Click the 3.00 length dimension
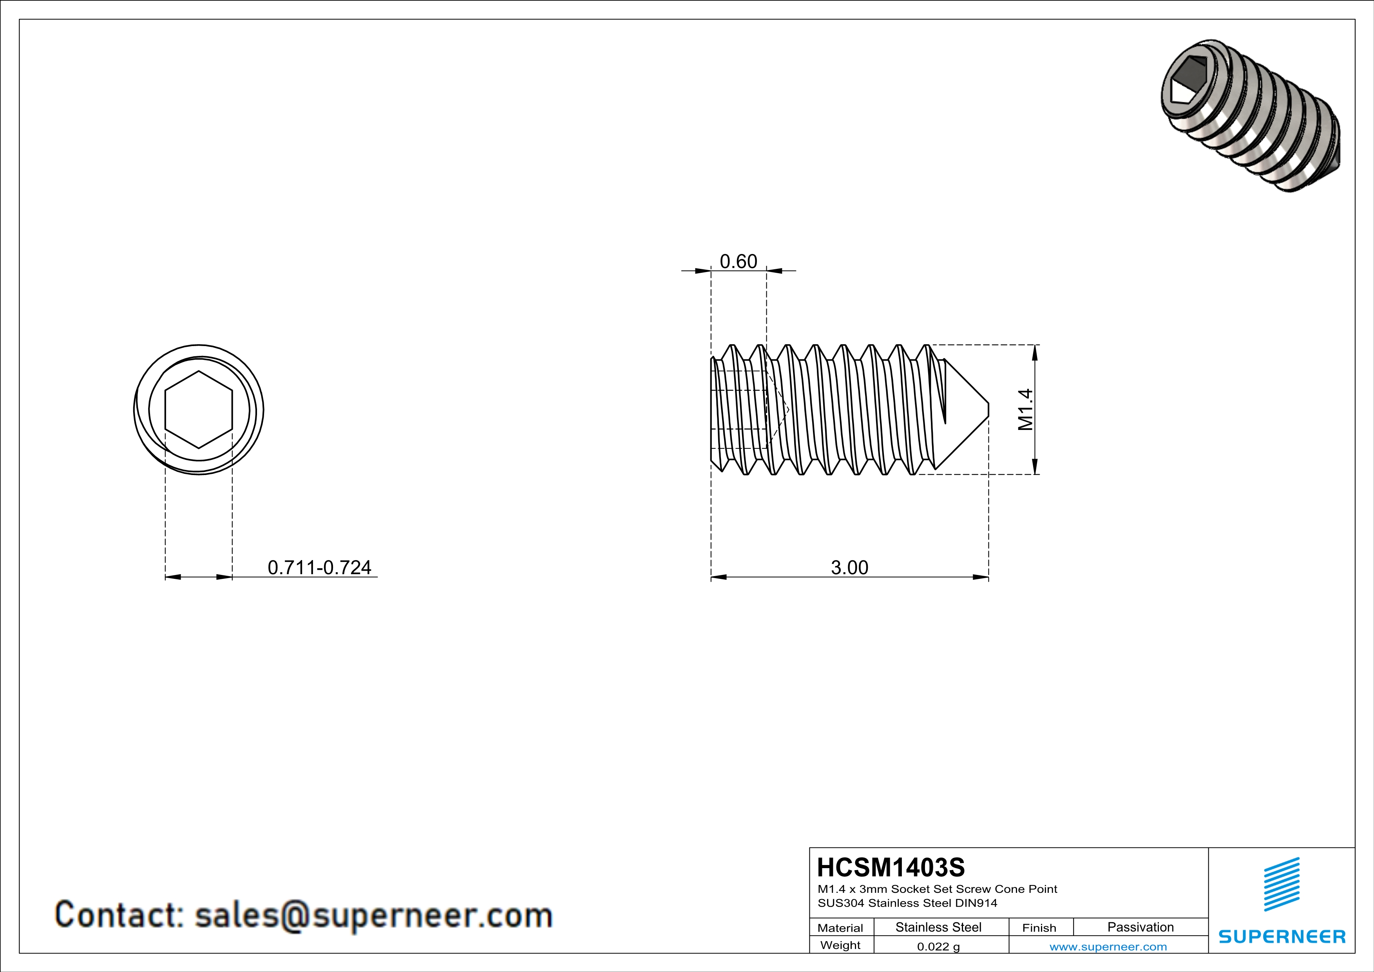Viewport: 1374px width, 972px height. (849, 568)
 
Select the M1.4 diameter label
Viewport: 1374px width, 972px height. (1026, 410)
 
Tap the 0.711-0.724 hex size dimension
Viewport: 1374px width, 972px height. (319, 568)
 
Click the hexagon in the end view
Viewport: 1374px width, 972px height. (199, 410)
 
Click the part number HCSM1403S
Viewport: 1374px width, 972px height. (891, 867)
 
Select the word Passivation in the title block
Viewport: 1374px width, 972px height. (1140, 927)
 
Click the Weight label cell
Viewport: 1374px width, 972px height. (840, 945)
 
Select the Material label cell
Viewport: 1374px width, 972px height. (840, 928)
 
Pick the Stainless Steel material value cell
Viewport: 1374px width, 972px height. (938, 927)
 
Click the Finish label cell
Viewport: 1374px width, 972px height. (1039, 928)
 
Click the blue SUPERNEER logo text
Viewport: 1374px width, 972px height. (1282, 937)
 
